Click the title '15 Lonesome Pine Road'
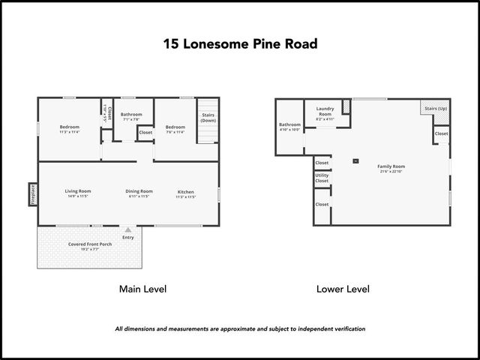click(240, 43)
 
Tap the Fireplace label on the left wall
click(32, 194)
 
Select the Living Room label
click(77, 191)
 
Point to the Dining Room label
click(139, 191)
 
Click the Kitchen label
click(185, 192)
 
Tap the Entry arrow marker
click(128, 230)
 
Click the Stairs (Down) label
click(208, 118)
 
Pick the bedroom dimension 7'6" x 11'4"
click(175, 132)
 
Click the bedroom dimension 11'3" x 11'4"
click(70, 132)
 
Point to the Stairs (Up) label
click(436, 108)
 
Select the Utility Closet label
click(322, 178)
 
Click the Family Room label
click(391, 166)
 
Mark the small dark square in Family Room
click(355, 160)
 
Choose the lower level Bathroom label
click(289, 124)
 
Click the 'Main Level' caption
click(142, 289)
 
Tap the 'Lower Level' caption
click(343, 289)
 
